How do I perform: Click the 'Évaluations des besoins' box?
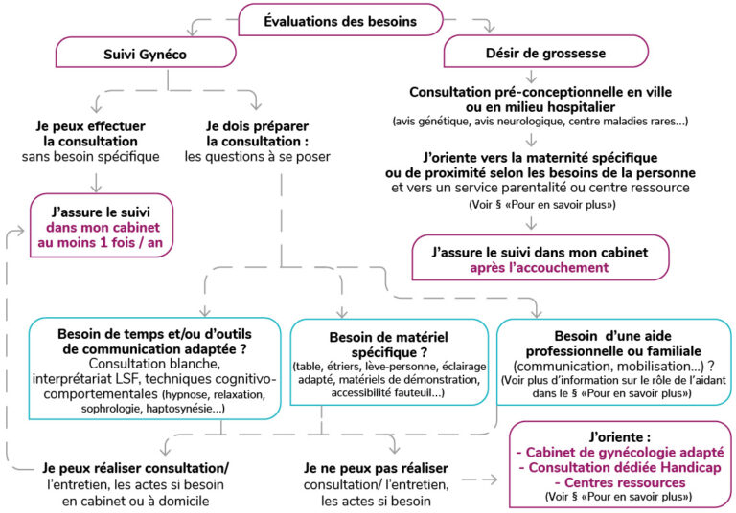[x=340, y=20]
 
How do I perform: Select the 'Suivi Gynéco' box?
[x=146, y=53]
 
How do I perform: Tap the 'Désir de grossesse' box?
[x=546, y=52]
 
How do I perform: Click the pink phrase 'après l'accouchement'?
[x=540, y=268]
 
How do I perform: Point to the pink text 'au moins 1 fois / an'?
[x=101, y=243]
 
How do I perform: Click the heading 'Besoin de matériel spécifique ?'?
[x=389, y=345]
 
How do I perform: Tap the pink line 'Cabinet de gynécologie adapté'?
[x=620, y=453]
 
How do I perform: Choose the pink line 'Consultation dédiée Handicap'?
[x=620, y=467]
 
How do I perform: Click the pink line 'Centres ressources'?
[x=620, y=482]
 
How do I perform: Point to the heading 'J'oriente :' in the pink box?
[x=620, y=437]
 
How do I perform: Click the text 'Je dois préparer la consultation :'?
[x=258, y=134]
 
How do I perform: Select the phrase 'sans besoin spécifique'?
[x=91, y=157]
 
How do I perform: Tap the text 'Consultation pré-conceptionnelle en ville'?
[x=540, y=92]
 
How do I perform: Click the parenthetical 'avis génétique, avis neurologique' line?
[x=540, y=122]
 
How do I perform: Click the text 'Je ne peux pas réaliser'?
[x=376, y=468]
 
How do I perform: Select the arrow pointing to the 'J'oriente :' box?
[x=480, y=480]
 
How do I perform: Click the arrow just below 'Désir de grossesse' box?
[x=531, y=77]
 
